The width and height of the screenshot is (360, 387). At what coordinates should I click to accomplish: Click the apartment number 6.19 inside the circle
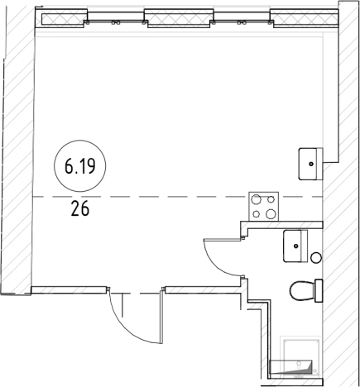[x=80, y=166]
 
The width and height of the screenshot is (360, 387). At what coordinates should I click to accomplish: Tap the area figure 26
[x=80, y=208]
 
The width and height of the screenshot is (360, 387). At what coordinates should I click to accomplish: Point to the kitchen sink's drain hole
[x=311, y=164]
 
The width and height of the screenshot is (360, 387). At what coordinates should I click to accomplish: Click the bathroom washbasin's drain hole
[x=296, y=246]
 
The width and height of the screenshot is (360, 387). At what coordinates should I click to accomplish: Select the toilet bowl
[x=302, y=291]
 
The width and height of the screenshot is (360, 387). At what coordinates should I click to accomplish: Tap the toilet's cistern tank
[x=319, y=291]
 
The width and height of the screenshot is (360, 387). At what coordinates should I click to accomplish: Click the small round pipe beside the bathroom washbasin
[x=316, y=258]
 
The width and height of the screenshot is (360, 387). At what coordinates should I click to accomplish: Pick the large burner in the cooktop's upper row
[x=257, y=199]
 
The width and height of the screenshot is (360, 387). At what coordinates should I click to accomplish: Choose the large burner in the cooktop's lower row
[x=271, y=213]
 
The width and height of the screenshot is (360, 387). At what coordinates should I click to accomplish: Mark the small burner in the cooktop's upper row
[x=271, y=199]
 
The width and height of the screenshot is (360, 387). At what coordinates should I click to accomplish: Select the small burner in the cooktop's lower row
[x=257, y=213]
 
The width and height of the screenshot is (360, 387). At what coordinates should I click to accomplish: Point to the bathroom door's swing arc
[x=218, y=262]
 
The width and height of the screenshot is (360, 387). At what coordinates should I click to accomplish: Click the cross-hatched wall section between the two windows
[x=179, y=18]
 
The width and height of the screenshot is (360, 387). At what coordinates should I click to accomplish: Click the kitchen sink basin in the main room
[x=311, y=164]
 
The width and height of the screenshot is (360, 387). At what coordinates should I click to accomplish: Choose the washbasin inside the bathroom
[x=295, y=246]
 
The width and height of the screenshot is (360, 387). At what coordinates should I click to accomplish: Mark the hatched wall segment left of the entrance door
[x=69, y=289]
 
